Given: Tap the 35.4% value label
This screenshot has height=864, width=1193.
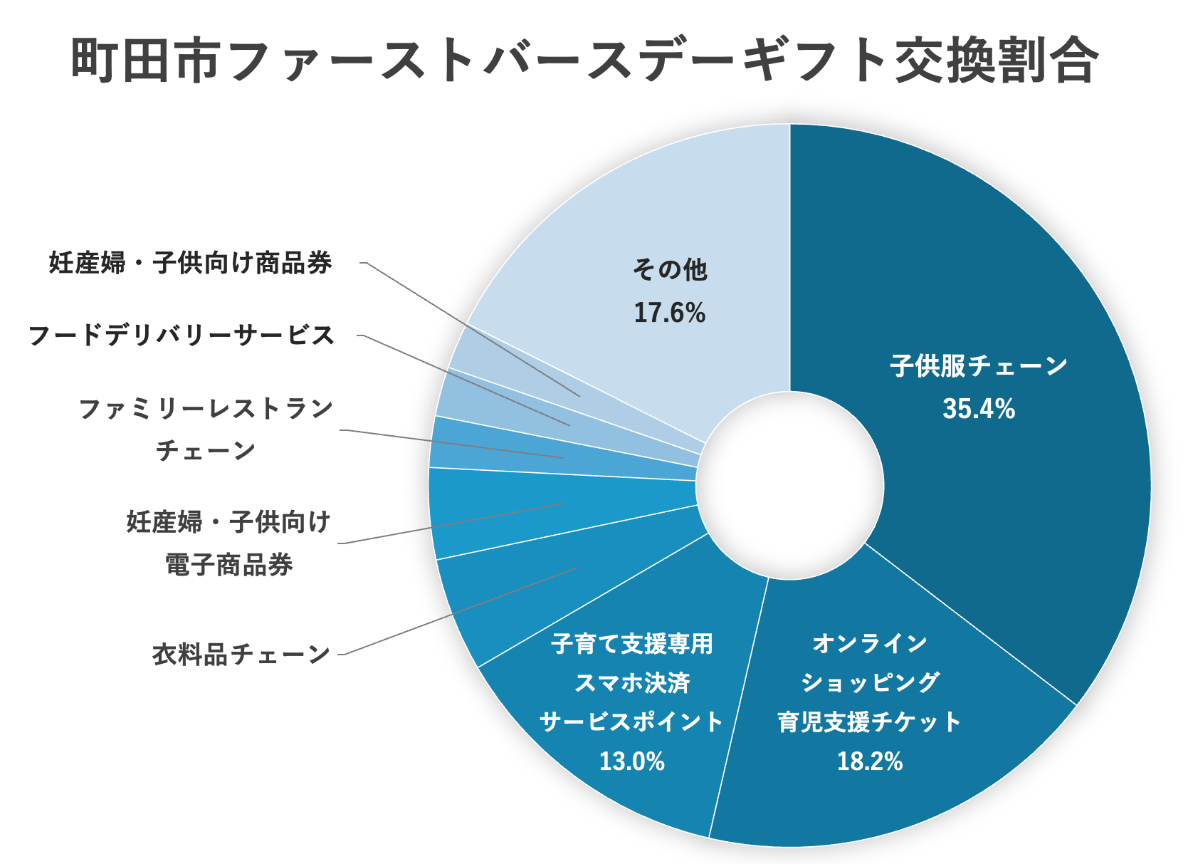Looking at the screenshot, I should pyautogui.click(x=979, y=409).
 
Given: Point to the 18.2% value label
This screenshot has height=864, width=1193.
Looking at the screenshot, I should pyautogui.click(x=869, y=761).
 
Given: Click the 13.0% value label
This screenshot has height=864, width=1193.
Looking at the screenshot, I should pyautogui.click(x=631, y=761).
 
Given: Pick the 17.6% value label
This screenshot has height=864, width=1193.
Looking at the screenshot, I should pyautogui.click(x=669, y=313).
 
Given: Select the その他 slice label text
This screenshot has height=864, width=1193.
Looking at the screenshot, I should pyautogui.click(x=669, y=270).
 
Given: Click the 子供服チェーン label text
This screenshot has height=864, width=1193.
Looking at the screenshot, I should pyautogui.click(x=979, y=366).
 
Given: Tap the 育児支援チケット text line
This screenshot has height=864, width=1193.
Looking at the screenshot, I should pyautogui.click(x=869, y=722).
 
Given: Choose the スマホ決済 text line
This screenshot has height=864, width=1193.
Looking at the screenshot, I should pyautogui.click(x=631, y=682).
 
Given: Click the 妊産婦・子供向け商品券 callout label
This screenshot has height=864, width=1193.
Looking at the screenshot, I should pyautogui.click(x=191, y=263).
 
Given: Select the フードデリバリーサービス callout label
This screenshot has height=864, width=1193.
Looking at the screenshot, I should pyautogui.click(x=182, y=335).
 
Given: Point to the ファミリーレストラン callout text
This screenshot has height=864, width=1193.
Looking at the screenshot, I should pyautogui.click(x=206, y=409).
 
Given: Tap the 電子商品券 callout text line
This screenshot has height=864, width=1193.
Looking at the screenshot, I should pyautogui.click(x=228, y=565).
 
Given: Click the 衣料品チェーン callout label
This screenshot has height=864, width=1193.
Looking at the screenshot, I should pyautogui.click(x=241, y=654).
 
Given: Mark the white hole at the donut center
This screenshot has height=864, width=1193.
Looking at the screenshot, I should pyautogui.click(x=789, y=485).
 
